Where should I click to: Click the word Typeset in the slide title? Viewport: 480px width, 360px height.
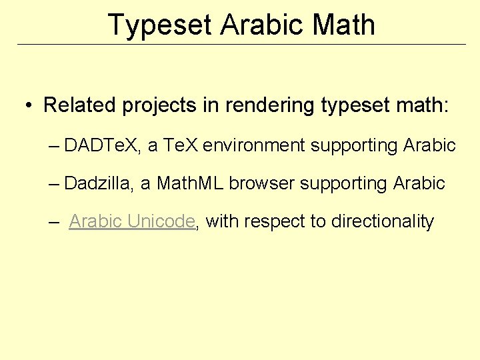click(x=159, y=25)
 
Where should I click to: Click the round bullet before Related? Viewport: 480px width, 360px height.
click(x=30, y=106)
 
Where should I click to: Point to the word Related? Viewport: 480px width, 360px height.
click(x=80, y=105)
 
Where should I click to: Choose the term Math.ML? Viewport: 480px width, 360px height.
click(x=190, y=183)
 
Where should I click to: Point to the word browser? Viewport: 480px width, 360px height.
click(x=262, y=183)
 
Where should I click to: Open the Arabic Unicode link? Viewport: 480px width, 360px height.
click(x=131, y=221)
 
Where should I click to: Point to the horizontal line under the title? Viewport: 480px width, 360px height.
click(x=240, y=45)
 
